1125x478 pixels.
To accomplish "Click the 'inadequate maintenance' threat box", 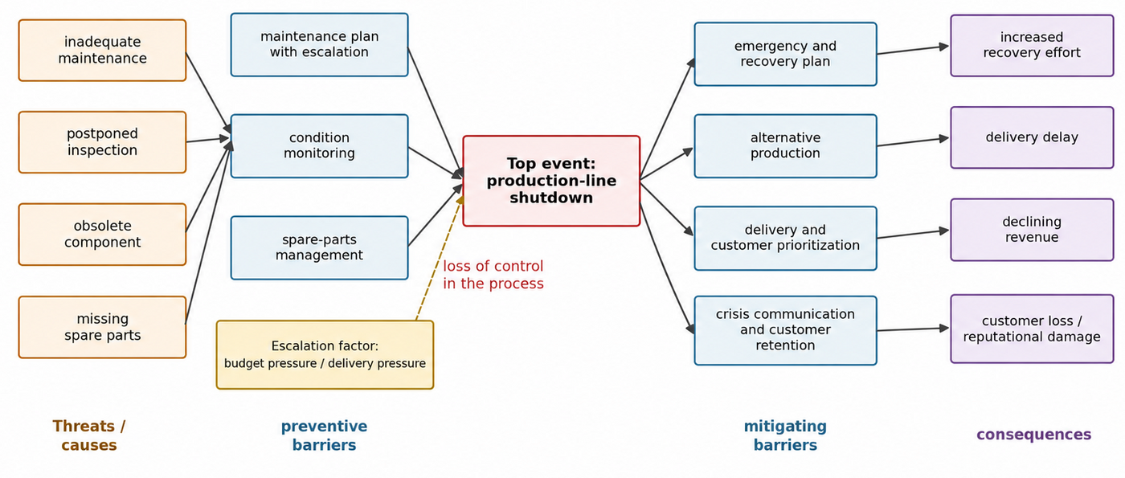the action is tap(103, 50).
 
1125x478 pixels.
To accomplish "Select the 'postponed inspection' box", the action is tap(103, 142).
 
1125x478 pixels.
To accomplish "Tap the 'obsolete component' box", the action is tap(103, 234).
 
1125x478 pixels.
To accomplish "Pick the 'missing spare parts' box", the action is tap(103, 327).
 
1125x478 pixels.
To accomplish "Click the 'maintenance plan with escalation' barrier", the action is tap(320, 45).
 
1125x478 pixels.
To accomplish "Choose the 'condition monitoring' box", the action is tap(320, 145).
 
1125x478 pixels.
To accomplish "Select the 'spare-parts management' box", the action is tap(320, 247).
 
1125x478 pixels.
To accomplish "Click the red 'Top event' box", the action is tap(551, 181).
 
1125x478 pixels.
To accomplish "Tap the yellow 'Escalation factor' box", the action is tap(325, 354).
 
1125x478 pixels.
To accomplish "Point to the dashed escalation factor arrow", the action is tap(439, 258).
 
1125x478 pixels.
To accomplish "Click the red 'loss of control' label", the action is tap(493, 275).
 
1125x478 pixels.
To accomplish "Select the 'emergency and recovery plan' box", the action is tap(786, 54).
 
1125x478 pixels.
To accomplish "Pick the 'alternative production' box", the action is tap(786, 145).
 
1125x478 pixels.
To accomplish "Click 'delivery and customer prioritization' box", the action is tap(786, 238).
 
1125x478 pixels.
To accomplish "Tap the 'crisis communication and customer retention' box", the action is tap(786, 330).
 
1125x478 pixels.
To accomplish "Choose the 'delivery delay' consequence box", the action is tap(1032, 137).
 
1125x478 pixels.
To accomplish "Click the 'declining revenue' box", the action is tap(1032, 230).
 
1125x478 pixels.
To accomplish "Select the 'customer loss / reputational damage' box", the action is tap(1032, 329).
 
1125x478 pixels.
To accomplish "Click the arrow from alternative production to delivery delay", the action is tap(913, 141).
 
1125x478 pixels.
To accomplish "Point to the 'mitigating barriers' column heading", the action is tap(786, 435).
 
